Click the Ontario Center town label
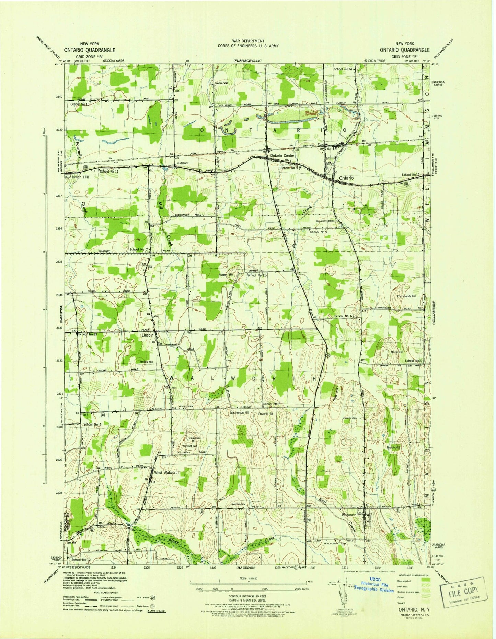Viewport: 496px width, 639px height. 282,156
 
